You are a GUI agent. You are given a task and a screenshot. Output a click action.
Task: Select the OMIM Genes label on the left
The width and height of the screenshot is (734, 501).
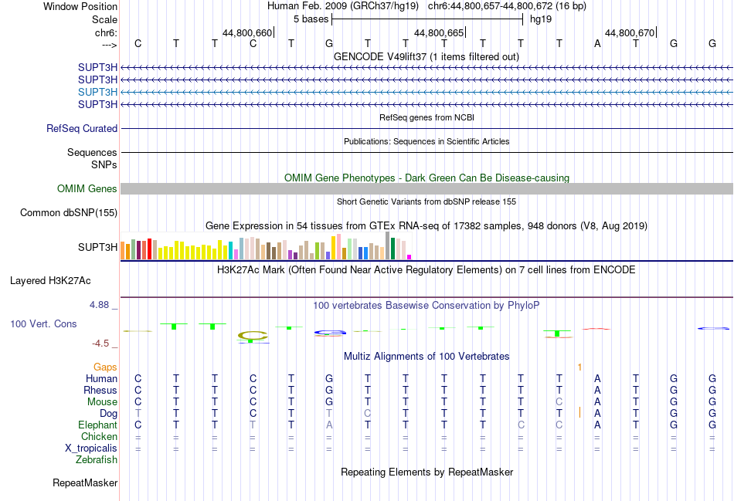pyautogui.click(x=87, y=189)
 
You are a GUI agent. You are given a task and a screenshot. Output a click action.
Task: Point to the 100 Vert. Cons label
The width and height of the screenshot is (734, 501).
pyautogui.click(x=43, y=324)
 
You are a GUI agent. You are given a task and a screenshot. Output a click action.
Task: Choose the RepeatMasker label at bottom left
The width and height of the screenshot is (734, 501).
pyautogui.click(x=85, y=483)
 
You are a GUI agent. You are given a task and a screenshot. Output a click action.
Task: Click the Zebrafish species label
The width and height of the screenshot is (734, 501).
pyautogui.click(x=97, y=460)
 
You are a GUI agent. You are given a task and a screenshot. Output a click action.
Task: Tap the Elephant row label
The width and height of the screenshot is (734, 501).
pyautogui.click(x=97, y=425)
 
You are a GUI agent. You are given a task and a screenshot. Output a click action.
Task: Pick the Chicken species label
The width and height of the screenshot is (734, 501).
pyautogui.click(x=99, y=437)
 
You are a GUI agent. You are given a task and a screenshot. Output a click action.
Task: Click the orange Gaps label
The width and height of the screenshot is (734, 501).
pyautogui.click(x=106, y=367)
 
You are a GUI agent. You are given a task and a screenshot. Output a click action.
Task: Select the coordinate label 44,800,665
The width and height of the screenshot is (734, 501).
pyautogui.click(x=439, y=33)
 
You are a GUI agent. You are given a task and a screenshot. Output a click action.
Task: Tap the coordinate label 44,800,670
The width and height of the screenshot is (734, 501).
pyautogui.click(x=630, y=33)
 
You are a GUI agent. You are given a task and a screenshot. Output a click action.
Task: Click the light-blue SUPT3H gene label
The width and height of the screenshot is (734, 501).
pyautogui.click(x=97, y=92)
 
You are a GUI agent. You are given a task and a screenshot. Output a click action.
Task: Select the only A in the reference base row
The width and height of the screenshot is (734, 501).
pyautogui.click(x=597, y=43)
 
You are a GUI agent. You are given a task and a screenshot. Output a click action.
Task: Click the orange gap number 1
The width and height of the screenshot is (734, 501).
pyautogui.click(x=579, y=367)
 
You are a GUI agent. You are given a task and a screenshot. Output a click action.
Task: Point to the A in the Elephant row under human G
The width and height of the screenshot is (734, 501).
pyautogui.click(x=329, y=425)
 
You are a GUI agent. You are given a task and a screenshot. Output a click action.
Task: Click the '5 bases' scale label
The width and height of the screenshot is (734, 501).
pyautogui.click(x=311, y=19)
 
